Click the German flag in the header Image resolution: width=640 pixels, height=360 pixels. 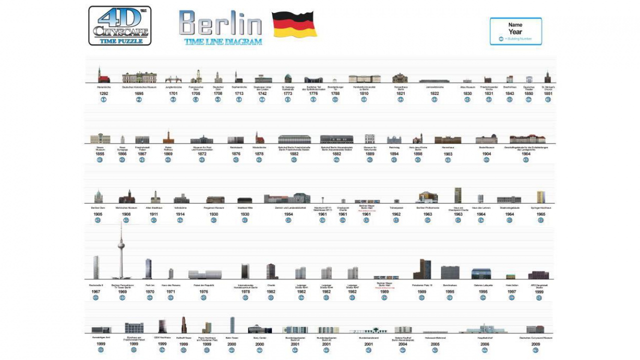pyautogui.click(x=294, y=24)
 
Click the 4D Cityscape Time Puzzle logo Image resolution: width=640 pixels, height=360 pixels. pyautogui.click(x=120, y=25)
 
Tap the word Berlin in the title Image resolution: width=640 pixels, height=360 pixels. pyautogui.click(x=220, y=23)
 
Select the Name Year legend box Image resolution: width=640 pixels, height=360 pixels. pyautogui.click(x=515, y=31)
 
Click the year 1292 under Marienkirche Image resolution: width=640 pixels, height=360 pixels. pyautogui.click(x=103, y=93)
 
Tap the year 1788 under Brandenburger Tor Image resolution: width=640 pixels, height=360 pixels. pyautogui.click(x=335, y=93)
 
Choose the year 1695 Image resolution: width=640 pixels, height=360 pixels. pyautogui.click(x=139, y=93)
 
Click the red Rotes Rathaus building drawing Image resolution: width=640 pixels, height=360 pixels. pyautogui.click(x=168, y=137)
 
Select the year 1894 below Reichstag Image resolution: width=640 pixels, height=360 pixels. pyautogui.click(x=394, y=154)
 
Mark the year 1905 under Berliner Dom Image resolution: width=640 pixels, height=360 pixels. pyautogui.click(x=97, y=214)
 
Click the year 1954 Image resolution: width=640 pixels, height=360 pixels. pyautogui.click(x=288, y=214)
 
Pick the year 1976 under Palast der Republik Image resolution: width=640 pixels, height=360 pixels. pyautogui.click(x=203, y=291)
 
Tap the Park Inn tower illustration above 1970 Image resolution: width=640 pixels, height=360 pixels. pyautogui.click(x=148, y=268)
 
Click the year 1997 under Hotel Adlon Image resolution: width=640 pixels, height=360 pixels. pyautogui.click(x=511, y=291)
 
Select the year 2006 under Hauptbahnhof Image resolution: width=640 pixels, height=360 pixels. pyautogui.click(x=484, y=344)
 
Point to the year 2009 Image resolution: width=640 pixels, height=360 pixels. pyautogui.click(x=535, y=344)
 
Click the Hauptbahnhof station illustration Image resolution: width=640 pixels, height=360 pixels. pyautogui.click(x=483, y=328)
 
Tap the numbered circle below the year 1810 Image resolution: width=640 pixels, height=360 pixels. pyautogui.click(x=364, y=99)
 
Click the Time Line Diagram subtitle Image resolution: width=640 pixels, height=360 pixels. pyautogui.click(x=223, y=42)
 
